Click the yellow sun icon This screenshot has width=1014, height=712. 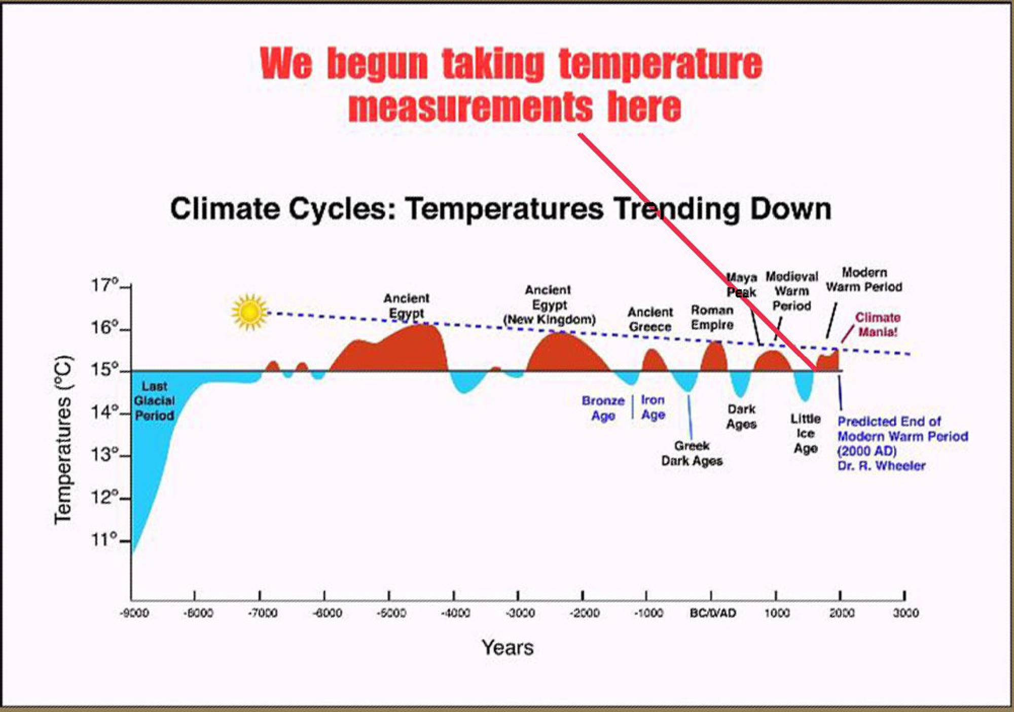click(x=249, y=312)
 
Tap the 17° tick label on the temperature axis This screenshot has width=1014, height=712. click(x=104, y=285)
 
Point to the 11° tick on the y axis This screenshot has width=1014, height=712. click(x=104, y=540)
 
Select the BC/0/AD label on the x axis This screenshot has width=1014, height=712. click(x=712, y=613)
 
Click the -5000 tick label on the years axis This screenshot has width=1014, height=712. click(x=391, y=613)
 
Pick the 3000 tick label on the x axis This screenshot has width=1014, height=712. click(x=906, y=613)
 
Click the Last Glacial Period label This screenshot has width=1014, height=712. click(x=154, y=401)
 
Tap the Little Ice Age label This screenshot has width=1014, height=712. click(x=805, y=433)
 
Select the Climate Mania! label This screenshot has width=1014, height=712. click(x=878, y=325)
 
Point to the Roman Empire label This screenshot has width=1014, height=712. click(x=712, y=317)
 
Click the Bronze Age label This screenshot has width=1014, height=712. click(x=603, y=408)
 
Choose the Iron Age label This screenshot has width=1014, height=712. click(x=653, y=407)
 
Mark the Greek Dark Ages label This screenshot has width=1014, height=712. click(x=692, y=453)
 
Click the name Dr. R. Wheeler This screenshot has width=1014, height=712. click(x=881, y=466)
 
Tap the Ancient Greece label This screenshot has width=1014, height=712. click(x=650, y=319)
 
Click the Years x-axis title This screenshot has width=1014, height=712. click(x=508, y=648)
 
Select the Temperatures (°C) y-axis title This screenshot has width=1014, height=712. click(x=63, y=440)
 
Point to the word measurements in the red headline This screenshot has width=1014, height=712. click(x=470, y=107)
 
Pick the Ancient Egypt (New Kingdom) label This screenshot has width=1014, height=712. click(x=549, y=305)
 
